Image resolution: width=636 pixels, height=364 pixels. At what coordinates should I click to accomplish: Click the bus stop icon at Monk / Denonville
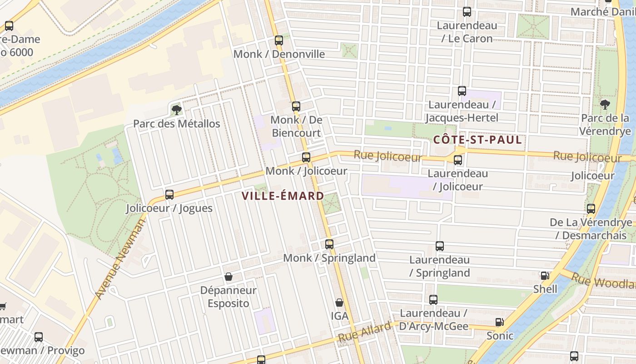pos(279,40)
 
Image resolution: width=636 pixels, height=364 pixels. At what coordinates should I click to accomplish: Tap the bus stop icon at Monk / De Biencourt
pos(296,106)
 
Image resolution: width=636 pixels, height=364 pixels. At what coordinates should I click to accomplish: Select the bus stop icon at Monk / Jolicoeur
pos(306,157)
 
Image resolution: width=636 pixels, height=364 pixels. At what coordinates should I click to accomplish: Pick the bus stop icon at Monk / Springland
pos(329,244)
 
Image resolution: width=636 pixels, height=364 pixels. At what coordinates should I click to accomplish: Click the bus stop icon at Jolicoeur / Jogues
pos(169,195)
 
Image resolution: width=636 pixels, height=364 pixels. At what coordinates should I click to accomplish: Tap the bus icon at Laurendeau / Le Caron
pos(467,12)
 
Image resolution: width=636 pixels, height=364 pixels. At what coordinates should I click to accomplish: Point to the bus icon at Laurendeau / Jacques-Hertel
pos(462,91)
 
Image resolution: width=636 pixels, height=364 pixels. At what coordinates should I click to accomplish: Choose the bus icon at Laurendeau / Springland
pos(439,246)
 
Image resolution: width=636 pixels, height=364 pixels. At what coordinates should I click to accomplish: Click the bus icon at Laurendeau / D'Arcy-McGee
pos(433,300)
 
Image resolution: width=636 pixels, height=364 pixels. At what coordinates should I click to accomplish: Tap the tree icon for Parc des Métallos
pos(176,110)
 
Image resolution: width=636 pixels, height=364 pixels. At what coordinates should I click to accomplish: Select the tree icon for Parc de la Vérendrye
pos(605,105)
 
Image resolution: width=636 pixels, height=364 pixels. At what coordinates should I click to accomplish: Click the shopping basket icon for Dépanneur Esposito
pos(229,277)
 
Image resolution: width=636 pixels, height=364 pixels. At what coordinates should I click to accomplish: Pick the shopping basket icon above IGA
pos(339,303)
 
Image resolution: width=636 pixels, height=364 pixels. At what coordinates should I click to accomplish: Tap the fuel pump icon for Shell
pos(545,276)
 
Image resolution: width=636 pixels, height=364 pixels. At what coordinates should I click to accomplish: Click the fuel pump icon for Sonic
pos(500,322)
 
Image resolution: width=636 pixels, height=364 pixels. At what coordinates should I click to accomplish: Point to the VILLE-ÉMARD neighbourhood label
pos(283,196)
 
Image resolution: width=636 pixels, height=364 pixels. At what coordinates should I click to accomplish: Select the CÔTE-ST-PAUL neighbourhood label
pos(477,140)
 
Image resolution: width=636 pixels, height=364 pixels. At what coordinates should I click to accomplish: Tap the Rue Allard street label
pos(364,332)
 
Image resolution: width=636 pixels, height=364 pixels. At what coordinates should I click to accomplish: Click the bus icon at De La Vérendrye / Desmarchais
pos(591,209)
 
